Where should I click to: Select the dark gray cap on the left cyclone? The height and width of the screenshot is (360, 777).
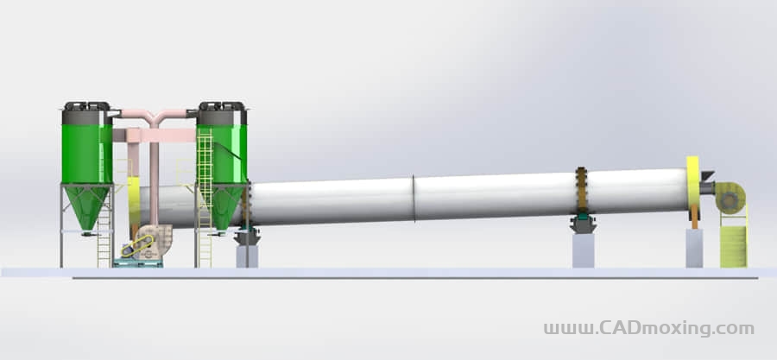click(x=81, y=117)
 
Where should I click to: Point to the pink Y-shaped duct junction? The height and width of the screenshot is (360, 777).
click(x=155, y=118)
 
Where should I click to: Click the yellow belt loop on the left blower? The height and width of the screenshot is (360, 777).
click(x=136, y=246)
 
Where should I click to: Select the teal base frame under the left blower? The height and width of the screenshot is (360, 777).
click(x=138, y=263)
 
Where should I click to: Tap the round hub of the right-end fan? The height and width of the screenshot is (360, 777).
click(x=729, y=200)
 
